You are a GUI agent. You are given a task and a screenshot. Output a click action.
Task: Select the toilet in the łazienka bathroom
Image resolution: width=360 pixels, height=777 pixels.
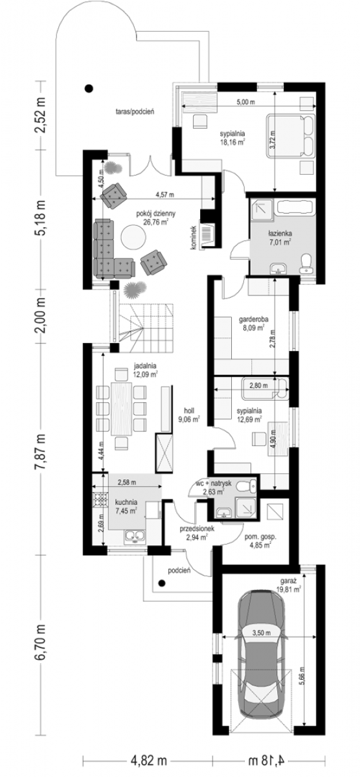pos(306,264)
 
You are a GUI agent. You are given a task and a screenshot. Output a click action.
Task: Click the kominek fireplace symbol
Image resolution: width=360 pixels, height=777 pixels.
pos(207,234)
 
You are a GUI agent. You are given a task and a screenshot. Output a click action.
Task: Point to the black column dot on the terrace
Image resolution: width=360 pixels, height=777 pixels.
pos(89,88)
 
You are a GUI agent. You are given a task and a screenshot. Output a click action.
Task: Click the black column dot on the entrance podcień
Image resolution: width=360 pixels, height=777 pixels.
pos(162,583)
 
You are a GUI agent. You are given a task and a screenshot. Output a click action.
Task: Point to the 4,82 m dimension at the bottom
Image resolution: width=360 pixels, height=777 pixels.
pos(149,761)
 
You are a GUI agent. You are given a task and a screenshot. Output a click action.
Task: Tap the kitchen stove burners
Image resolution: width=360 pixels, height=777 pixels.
pos(100,499)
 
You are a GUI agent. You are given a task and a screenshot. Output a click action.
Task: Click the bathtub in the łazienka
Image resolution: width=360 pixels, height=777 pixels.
pos(295,208)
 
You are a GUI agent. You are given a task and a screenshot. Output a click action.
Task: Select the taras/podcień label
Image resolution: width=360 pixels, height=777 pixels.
pos(135,112)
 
